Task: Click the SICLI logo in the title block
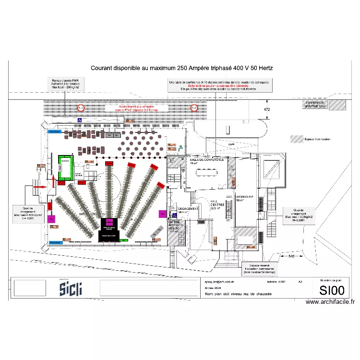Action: pos(71,288)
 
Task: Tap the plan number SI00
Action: pos(332,290)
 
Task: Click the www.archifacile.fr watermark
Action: pos(330,302)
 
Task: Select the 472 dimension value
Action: pos(267,109)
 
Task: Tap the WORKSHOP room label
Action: pos(245,197)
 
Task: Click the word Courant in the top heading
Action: pos(103,69)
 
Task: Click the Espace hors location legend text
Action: pos(317,139)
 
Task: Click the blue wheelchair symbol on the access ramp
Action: pos(80,120)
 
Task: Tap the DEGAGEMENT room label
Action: pos(188,209)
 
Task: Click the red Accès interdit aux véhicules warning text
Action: pos(132,108)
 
